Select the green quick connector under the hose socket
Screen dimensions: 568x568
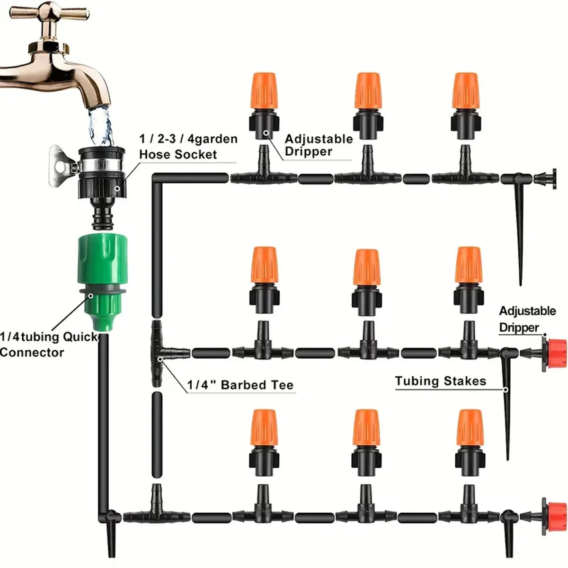pos(100,279)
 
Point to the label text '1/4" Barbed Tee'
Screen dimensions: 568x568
pos(240,385)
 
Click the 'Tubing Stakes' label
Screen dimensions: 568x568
pos(440,381)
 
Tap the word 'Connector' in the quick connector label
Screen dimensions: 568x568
pos(32,352)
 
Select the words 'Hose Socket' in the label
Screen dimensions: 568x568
pos(178,154)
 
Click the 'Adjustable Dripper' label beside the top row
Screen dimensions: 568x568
pos(319,145)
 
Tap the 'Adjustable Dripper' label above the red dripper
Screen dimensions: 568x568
pos(526,319)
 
